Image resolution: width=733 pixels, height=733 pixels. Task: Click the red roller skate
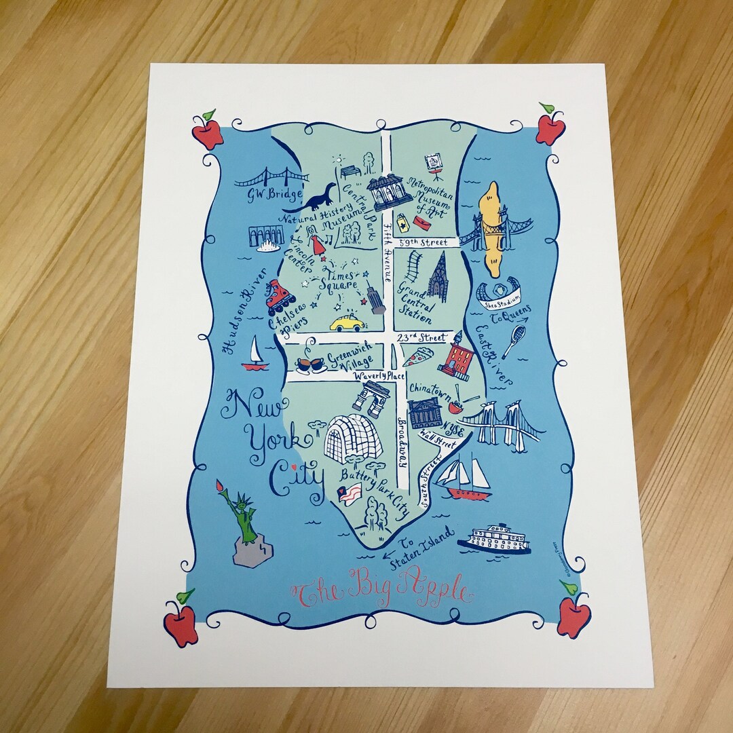[x=280, y=297]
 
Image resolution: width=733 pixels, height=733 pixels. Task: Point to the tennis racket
[x=514, y=341]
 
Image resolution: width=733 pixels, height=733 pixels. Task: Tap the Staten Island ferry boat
[x=494, y=538]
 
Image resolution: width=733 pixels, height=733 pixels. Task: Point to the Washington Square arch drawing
[x=371, y=398]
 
